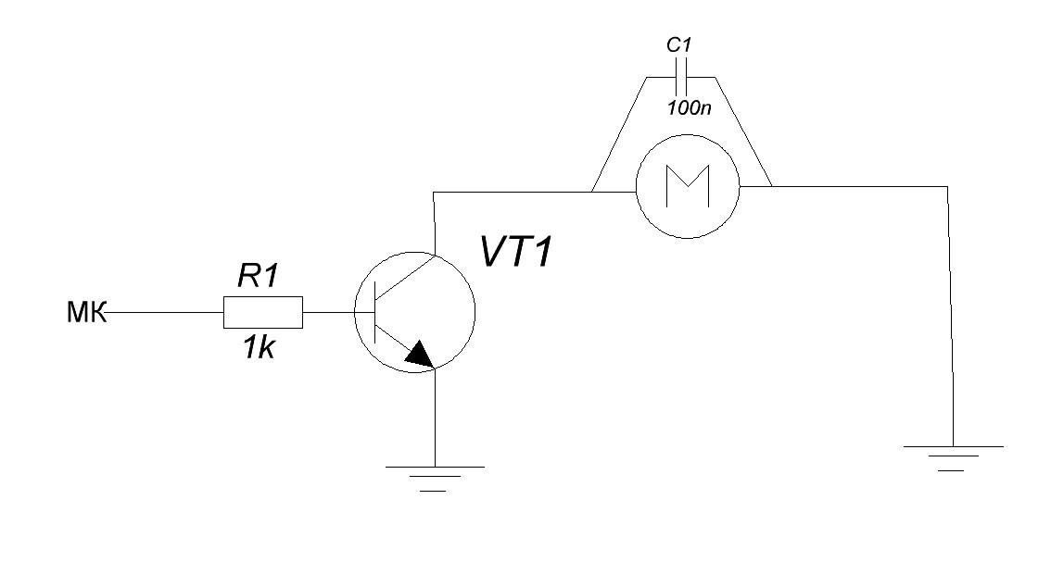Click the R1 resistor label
coord(258,277)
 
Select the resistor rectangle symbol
coord(262,313)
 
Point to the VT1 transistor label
coord(516,251)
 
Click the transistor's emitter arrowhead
coord(420,354)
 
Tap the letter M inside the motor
coord(687,186)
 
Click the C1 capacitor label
coord(680,44)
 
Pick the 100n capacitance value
coord(689,107)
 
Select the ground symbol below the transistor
coord(434,477)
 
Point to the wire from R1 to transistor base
coord(328,313)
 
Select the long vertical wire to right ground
coord(948,315)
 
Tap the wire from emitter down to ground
coord(434,417)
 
